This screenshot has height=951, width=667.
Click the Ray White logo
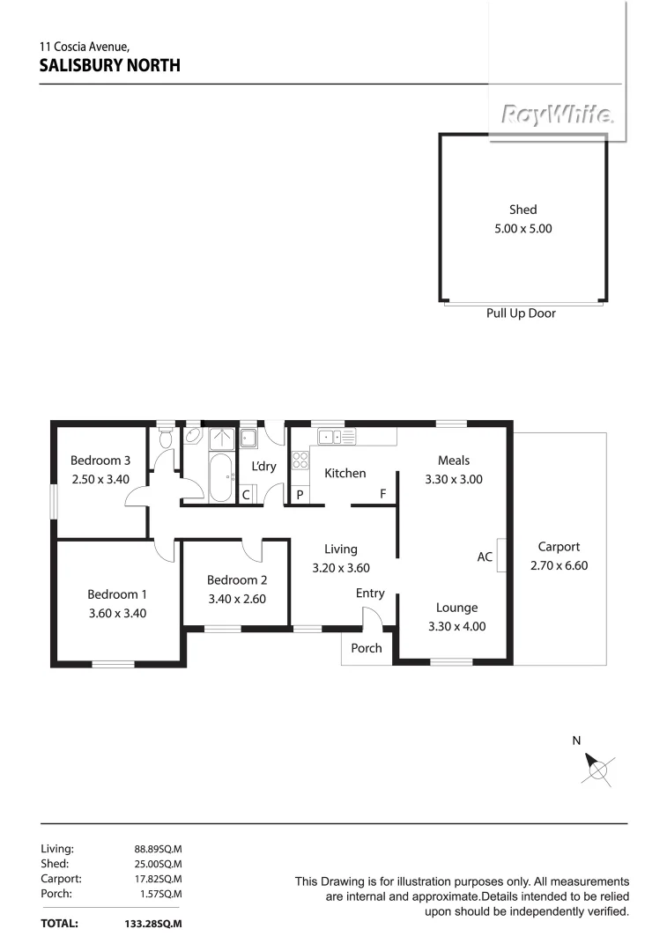[x=557, y=115]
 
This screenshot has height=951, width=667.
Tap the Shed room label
[x=522, y=210]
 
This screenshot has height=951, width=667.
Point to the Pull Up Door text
[x=521, y=313]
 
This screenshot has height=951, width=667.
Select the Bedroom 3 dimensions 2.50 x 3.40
[x=100, y=479]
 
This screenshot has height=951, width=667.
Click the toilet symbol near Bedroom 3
[x=165, y=437]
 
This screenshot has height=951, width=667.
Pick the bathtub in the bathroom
[x=220, y=478]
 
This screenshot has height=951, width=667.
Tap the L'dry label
[x=263, y=466]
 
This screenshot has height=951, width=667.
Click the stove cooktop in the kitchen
[x=300, y=460]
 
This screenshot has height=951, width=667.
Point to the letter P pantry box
[x=300, y=495]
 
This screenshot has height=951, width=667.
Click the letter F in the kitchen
[x=383, y=494]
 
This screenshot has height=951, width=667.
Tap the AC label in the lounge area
[x=485, y=557]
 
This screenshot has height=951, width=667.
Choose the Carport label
[x=559, y=547]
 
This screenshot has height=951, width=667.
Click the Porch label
[x=367, y=648]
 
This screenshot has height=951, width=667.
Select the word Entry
[x=370, y=593]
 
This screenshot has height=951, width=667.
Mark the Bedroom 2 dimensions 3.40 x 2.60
[x=236, y=599]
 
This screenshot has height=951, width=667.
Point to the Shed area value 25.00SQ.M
[x=157, y=864]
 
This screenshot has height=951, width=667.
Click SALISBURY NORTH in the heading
[x=110, y=65]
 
